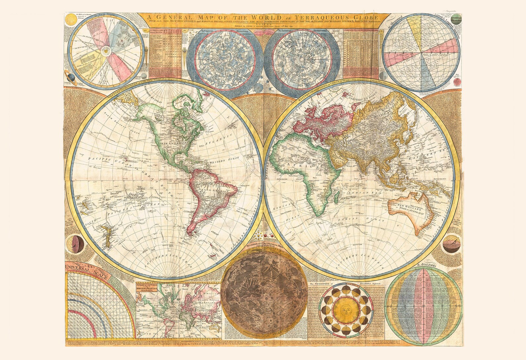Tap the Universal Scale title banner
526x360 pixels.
tap(86, 268)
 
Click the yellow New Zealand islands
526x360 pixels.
tap(108, 232)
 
